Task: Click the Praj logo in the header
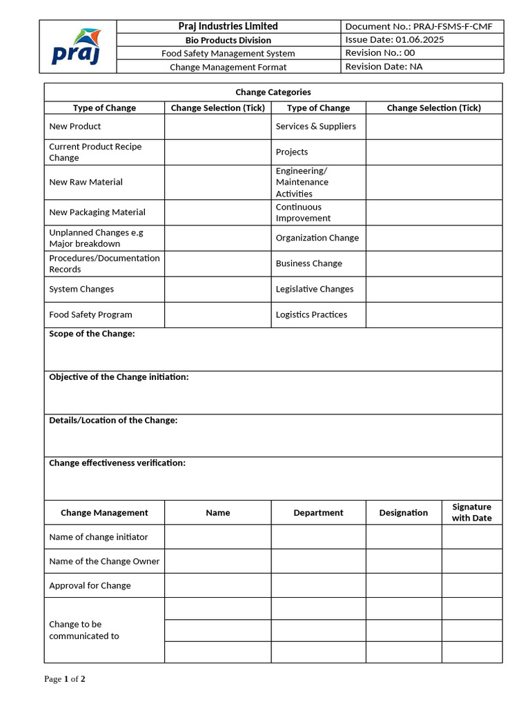tap(77, 46)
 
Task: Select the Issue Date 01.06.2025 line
tap(394, 39)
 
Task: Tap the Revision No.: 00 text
tap(380, 52)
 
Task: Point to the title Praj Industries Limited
tap(228, 26)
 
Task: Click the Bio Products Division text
tap(228, 40)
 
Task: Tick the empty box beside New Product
tap(217, 127)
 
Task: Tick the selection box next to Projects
tap(433, 152)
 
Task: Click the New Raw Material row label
tap(86, 182)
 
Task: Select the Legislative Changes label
tap(314, 289)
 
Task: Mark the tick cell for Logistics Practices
tap(433, 314)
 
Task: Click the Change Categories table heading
tap(273, 92)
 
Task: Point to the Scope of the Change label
tap(92, 334)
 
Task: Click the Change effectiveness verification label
tap(117, 463)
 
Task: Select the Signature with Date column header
tap(471, 512)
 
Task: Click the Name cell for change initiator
tap(217, 537)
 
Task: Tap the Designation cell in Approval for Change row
tap(403, 585)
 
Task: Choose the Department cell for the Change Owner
tap(318, 561)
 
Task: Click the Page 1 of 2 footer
tap(65, 679)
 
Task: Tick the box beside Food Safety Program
tap(217, 314)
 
